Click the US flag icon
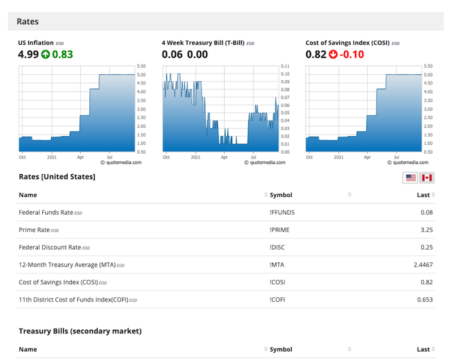coord(410,177)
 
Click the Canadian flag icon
coord(427,177)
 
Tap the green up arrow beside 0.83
coord(45,55)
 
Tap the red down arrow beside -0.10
coord(333,55)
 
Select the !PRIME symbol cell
coord(282,230)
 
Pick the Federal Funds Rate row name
coord(46,212)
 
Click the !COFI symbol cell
coord(280,299)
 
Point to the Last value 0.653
coord(425,299)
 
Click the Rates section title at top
coord(28,22)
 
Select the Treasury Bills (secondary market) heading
coord(80,331)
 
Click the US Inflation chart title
coord(36,43)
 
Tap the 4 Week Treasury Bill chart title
coord(203,43)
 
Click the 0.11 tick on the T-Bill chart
coord(285,66)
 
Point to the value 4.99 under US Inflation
coord(28,55)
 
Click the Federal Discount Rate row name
coord(49,247)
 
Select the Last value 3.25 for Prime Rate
coord(427,230)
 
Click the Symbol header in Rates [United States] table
coord(281,195)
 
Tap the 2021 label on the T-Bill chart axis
coord(195,157)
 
